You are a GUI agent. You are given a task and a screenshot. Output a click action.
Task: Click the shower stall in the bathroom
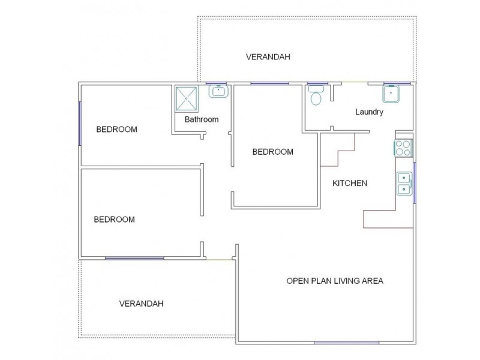[x=187, y=98]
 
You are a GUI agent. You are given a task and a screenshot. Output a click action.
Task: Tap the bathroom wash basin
[x=218, y=92]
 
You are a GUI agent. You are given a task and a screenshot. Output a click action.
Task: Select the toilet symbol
[x=316, y=95]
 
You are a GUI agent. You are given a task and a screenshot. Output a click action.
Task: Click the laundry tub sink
[x=391, y=94]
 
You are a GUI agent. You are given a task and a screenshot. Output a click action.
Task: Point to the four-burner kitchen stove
[x=403, y=148]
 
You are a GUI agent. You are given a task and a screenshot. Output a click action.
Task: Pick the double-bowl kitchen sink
[x=404, y=184]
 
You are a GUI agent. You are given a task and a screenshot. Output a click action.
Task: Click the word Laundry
[x=369, y=112]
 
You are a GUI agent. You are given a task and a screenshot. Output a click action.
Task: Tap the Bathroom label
[x=202, y=119]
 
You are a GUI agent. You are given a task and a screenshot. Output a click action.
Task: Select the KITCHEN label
[x=350, y=183]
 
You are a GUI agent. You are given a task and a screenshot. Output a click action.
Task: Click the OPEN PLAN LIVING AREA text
[x=335, y=281]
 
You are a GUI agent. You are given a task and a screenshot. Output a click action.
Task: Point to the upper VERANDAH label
[x=268, y=57]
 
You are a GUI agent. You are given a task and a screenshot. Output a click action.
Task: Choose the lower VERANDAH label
[x=142, y=304]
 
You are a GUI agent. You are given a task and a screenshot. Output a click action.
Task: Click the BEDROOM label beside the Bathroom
[x=116, y=129]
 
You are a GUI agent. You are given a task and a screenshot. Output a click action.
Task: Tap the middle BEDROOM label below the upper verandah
[x=273, y=152]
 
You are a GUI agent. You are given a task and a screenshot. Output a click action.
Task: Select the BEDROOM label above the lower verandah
[x=114, y=220]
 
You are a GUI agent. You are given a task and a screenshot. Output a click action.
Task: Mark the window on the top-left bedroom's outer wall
[x=80, y=124]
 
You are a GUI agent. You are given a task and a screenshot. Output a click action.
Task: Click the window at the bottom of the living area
[x=347, y=343]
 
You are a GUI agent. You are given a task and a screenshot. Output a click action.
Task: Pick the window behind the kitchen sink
[x=415, y=183]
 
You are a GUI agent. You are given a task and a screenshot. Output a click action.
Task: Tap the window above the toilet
[x=317, y=83]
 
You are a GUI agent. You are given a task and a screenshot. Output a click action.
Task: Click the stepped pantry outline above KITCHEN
[x=338, y=149]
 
